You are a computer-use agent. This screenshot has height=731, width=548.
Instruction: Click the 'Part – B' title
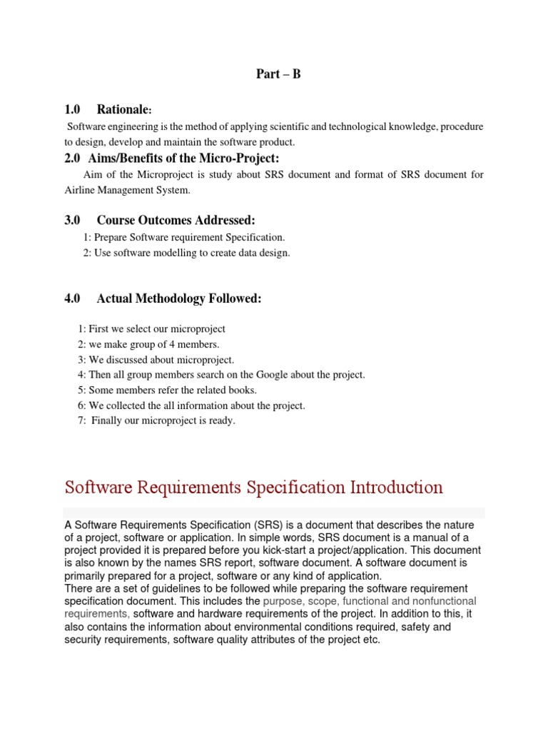pyautogui.click(x=278, y=74)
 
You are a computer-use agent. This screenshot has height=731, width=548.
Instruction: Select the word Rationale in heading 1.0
pyautogui.click(x=124, y=110)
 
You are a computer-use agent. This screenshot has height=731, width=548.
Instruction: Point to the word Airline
pyautogui.click(x=81, y=190)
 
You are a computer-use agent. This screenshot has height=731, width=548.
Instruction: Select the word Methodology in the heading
pyautogui.click(x=171, y=298)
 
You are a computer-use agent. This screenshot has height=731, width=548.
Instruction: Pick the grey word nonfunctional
pyautogui.click(x=442, y=601)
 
